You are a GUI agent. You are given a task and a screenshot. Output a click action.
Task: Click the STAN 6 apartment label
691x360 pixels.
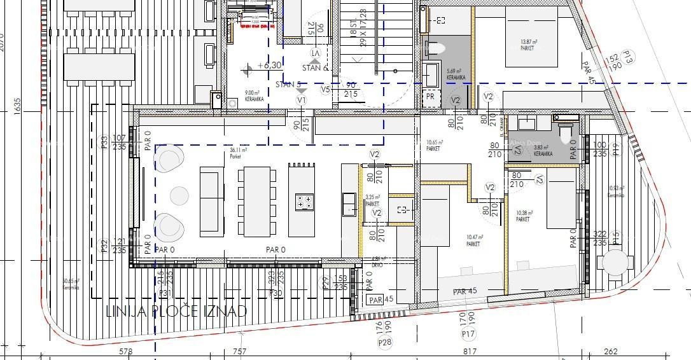tap(316, 67)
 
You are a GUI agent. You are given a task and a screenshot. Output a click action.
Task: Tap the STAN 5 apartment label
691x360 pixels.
tap(288, 84)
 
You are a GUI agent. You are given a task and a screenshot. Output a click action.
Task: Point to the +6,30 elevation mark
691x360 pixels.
tap(269, 65)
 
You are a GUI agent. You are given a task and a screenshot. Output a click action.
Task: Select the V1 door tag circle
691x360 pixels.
tap(302, 100)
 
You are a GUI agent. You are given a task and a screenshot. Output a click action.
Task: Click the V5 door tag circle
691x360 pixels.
tap(325, 90)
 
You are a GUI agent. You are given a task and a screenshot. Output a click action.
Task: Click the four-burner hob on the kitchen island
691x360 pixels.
tap(304, 202)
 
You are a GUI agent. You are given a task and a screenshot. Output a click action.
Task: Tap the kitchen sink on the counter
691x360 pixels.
tap(349, 204)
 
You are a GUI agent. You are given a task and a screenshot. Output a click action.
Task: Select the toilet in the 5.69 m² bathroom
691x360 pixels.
tap(435, 48)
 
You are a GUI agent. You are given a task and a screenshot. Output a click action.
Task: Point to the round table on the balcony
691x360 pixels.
tap(614, 261)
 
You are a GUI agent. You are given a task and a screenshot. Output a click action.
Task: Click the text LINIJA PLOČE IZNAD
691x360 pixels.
tap(176, 311)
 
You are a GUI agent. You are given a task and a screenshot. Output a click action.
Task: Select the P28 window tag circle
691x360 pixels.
tap(385, 343)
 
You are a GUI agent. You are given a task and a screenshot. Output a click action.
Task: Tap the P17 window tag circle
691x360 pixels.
tap(469, 333)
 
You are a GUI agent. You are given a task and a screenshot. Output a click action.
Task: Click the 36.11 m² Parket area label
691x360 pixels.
tap(239, 153)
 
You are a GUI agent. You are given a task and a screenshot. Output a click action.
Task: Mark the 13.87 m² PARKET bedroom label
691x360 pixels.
tap(528, 45)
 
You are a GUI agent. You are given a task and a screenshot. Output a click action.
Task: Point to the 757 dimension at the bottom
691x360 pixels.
tap(239, 351)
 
